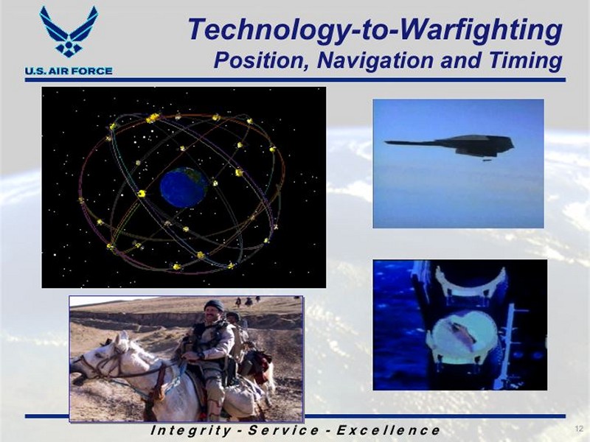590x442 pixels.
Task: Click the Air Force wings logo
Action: [x=69, y=32]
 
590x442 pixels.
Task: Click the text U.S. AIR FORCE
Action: [x=69, y=71]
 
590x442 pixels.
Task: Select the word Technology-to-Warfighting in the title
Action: [x=375, y=31]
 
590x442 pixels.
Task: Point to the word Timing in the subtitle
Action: [x=525, y=61]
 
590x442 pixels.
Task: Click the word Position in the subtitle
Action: [x=260, y=60]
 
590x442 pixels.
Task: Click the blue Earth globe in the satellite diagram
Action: [x=184, y=187]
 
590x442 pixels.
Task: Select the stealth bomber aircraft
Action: [x=450, y=145]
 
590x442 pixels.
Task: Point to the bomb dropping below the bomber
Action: [x=487, y=161]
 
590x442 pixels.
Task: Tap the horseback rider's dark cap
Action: [x=214, y=305]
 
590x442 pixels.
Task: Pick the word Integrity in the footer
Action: [x=191, y=430]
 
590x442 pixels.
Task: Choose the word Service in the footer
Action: [x=284, y=430]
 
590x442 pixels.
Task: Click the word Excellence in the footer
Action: [x=388, y=430]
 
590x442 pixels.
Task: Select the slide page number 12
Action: [x=579, y=429]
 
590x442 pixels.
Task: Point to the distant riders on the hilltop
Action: [x=247, y=301]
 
